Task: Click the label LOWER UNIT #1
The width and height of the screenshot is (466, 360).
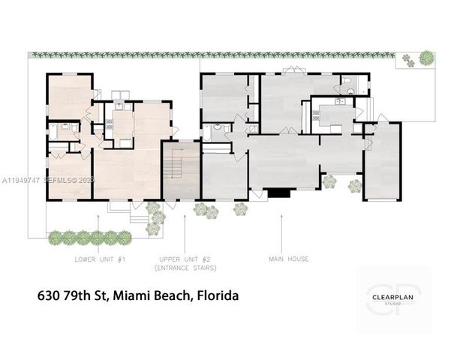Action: coord(100,259)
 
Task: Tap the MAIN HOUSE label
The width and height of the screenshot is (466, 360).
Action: coord(288,259)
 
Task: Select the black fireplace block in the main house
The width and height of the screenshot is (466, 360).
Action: coord(278,193)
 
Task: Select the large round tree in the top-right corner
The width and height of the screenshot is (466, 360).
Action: coord(426,57)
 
